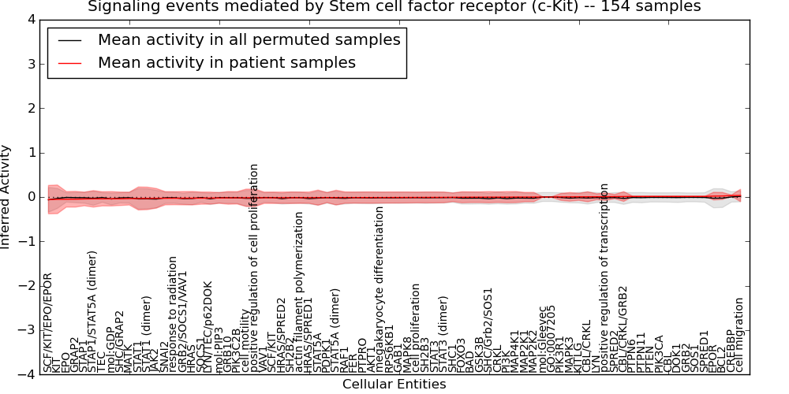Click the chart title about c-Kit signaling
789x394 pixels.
pyautogui.click(x=394, y=7)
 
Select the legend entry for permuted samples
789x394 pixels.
pyautogui.click(x=249, y=40)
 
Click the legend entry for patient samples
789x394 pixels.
pyautogui.click(x=226, y=63)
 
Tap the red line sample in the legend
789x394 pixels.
pyautogui.click(x=69, y=63)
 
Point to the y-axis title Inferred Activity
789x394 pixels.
pyautogui.click(x=6, y=197)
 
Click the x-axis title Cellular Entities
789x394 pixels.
pyautogui.click(x=394, y=385)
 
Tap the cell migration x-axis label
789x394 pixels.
pyautogui.click(x=739, y=335)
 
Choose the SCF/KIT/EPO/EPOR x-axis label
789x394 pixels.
pyautogui.click(x=47, y=323)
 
